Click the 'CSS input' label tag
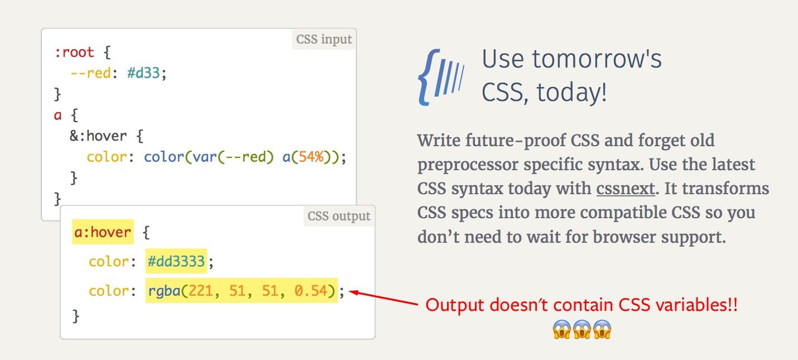click(324, 40)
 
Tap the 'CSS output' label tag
click(339, 216)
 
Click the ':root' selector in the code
click(74, 53)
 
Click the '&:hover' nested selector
click(98, 136)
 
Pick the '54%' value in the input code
click(311, 157)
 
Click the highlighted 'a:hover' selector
click(103, 232)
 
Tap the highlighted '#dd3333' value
click(176, 261)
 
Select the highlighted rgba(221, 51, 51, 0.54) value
click(242, 291)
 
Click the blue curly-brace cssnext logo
click(440, 77)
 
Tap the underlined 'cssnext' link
click(625, 189)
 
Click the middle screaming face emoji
click(582, 329)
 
